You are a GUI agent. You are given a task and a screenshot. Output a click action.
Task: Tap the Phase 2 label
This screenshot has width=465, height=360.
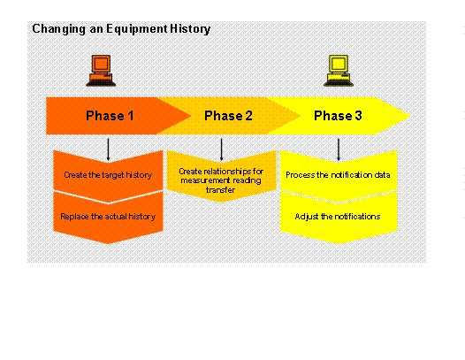pyautogui.click(x=228, y=116)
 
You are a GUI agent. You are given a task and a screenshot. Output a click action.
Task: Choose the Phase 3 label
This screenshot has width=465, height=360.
pyautogui.click(x=338, y=116)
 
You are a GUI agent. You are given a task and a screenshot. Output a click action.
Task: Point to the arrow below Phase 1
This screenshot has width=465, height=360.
pyautogui.click(x=108, y=147)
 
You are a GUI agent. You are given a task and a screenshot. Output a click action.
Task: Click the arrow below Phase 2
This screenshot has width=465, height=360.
pyautogui.click(x=221, y=147)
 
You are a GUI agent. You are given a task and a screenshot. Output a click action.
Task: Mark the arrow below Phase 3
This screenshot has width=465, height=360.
pyautogui.click(x=338, y=147)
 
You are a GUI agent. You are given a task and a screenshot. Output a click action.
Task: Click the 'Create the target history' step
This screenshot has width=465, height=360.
pyautogui.click(x=107, y=175)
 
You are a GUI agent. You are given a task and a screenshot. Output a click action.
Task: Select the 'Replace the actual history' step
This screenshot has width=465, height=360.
pyautogui.click(x=107, y=216)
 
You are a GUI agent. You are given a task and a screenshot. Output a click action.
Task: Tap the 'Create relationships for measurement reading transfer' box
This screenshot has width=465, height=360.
pyautogui.click(x=220, y=175)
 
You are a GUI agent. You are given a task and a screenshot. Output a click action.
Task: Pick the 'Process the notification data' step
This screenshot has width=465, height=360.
pyautogui.click(x=338, y=175)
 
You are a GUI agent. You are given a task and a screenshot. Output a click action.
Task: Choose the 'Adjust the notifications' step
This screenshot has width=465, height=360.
pyautogui.click(x=338, y=216)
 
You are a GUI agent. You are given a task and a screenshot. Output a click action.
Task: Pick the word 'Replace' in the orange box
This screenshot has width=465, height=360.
pyautogui.click(x=74, y=216)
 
